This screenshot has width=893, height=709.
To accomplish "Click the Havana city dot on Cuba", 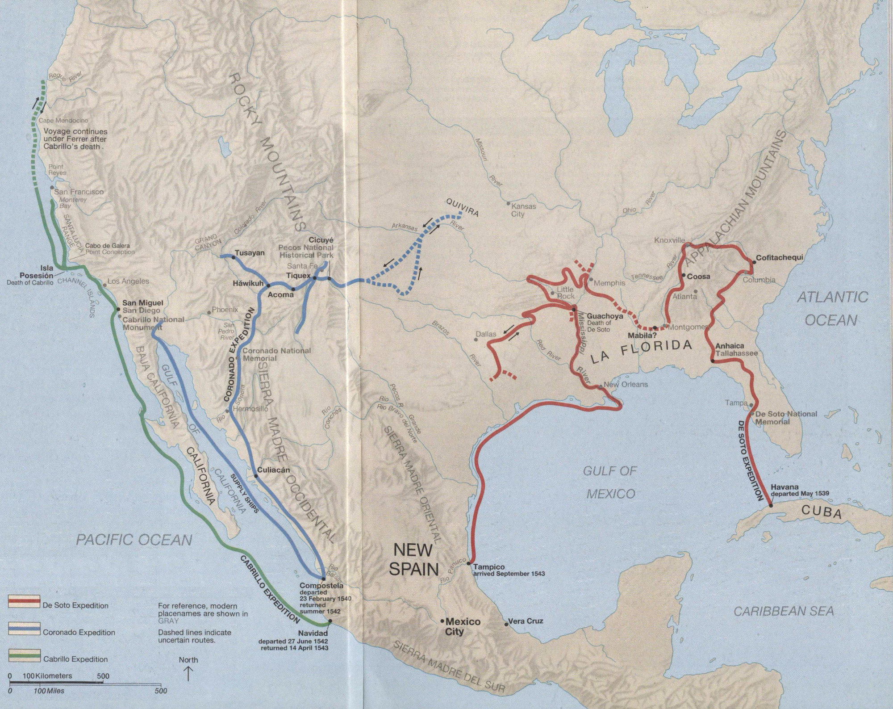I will click(771, 506).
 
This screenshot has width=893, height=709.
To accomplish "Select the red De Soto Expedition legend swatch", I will click(24, 602).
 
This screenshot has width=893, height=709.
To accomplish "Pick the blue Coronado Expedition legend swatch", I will click(24, 629).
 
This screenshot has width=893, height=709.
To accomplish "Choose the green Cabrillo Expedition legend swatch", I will click(24, 655).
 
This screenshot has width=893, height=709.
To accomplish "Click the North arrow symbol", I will click(188, 673).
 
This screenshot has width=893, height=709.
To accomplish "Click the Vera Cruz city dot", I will click(506, 624).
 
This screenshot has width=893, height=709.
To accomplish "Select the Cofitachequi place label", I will click(779, 258).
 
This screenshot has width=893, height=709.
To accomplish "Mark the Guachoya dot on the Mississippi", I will click(574, 309).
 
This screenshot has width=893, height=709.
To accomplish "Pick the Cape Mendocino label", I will click(63, 120).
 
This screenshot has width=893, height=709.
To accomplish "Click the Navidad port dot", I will click(330, 621).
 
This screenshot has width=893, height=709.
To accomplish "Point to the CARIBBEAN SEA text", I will click(784, 611).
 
